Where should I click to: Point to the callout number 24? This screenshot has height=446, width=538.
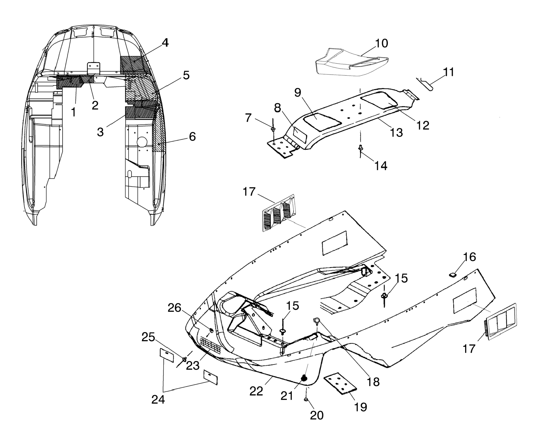(158, 399)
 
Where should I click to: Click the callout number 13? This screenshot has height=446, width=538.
(396, 133)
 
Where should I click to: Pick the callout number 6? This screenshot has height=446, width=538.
(192, 137)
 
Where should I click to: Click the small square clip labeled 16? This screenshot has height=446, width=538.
(453, 275)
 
